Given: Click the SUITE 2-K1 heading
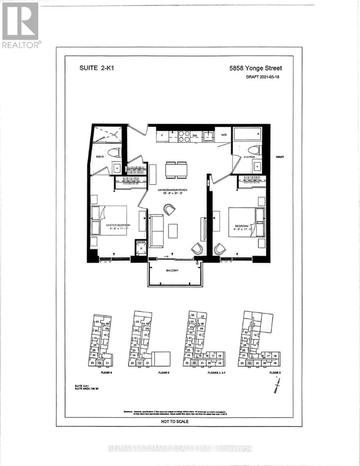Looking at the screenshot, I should (x=94, y=67).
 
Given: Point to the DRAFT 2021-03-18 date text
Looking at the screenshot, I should (x=263, y=77).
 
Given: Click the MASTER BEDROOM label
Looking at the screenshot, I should (x=118, y=225).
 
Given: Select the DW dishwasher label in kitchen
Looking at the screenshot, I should (x=195, y=136).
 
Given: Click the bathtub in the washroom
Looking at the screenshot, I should (x=247, y=135).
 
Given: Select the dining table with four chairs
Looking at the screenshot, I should (x=176, y=170).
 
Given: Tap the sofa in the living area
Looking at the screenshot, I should (x=157, y=231).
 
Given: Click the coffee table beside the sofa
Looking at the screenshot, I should (x=173, y=231).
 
